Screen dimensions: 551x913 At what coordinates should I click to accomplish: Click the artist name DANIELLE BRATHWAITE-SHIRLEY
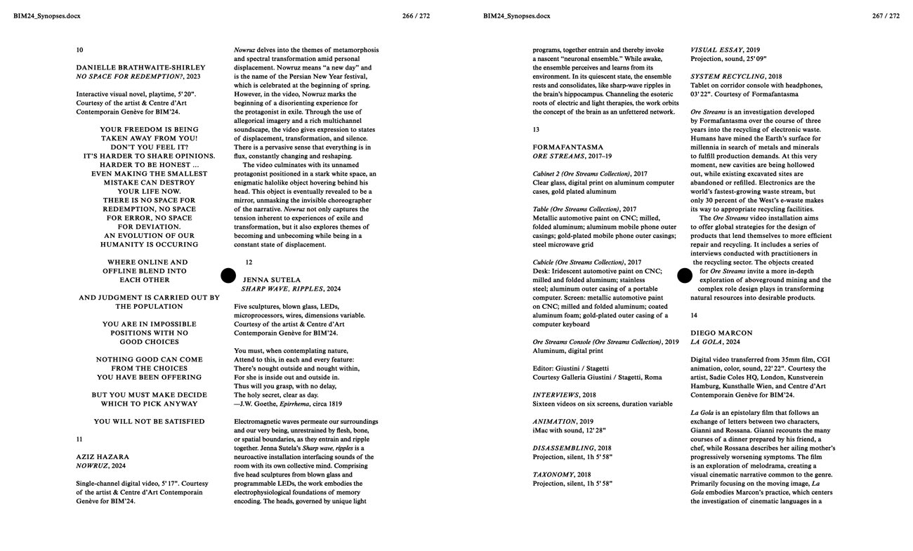click(x=140, y=68)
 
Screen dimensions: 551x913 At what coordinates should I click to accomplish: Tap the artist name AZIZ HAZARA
click(x=103, y=457)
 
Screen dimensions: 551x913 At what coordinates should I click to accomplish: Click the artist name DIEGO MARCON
click(x=721, y=333)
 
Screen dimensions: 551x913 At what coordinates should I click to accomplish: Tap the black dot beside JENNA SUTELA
click(x=228, y=276)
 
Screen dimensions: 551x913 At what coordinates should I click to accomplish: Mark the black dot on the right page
click(x=685, y=276)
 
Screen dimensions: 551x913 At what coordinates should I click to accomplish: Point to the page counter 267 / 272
click(x=886, y=16)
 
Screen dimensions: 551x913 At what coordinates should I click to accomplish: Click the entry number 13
click(x=537, y=130)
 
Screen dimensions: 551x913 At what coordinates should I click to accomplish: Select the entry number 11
click(x=79, y=439)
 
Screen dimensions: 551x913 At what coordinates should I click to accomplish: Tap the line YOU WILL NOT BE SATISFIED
click(x=150, y=422)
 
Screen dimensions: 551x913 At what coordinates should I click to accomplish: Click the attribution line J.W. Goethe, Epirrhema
click(x=288, y=404)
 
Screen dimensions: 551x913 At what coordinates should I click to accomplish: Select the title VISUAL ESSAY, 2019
click(x=725, y=51)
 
